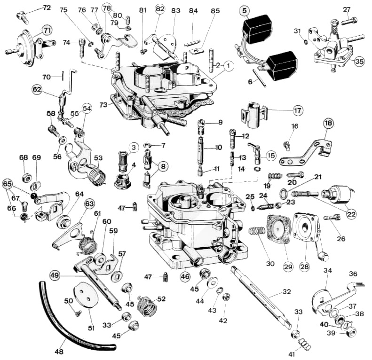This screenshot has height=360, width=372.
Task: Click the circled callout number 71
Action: point(47,31)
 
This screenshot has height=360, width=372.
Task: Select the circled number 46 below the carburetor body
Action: point(185,276)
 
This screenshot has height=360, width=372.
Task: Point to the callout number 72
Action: point(47,8)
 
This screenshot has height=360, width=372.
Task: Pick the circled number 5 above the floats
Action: point(245,11)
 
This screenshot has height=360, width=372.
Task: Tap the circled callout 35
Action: point(359,62)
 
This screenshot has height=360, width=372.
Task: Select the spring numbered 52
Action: point(147,305)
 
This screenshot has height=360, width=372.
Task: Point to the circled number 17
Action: point(298,110)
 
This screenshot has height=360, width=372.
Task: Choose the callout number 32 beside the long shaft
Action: point(286,291)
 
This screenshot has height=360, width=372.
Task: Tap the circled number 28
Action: point(304,267)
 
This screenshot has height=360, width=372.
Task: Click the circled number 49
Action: point(55,275)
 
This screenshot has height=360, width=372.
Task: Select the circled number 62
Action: point(37,90)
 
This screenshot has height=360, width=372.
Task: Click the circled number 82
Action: point(160,9)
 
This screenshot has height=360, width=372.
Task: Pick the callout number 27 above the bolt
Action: point(347,10)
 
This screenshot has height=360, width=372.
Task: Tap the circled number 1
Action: point(229,66)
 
